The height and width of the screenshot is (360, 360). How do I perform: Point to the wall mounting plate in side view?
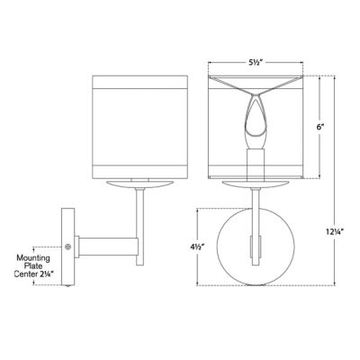pos(67,245)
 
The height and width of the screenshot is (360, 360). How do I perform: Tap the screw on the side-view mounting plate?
pos(67,245)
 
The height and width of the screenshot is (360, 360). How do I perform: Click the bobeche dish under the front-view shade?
pos(255,183)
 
